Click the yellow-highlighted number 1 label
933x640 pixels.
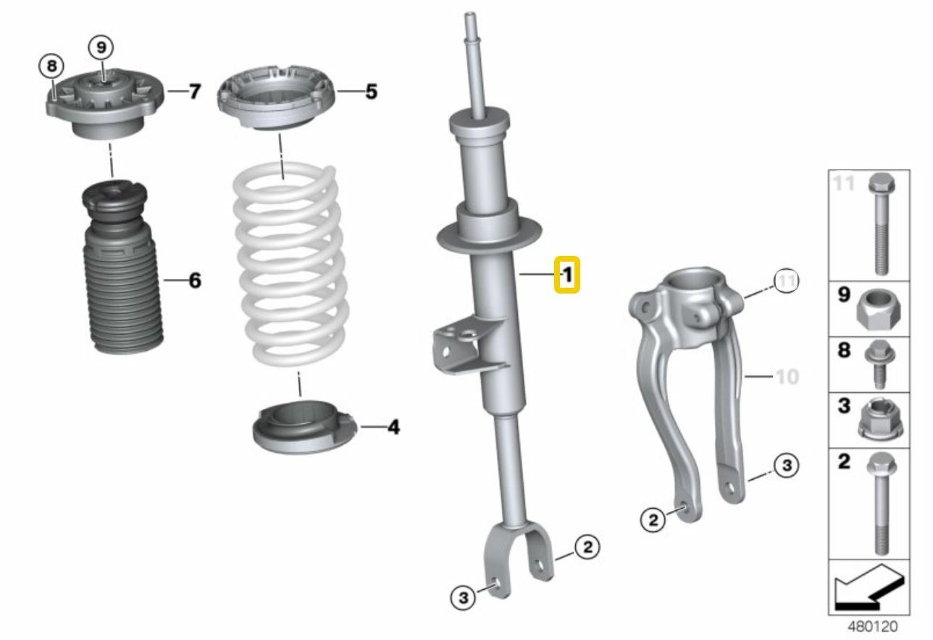pos(567,275)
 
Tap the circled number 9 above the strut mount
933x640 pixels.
pos(101,48)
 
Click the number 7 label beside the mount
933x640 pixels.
pos(193,92)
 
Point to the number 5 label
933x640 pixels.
pos(370,92)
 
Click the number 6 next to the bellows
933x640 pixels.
pos(194,280)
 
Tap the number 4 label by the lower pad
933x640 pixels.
pos(393,428)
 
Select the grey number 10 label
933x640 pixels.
pos(787,377)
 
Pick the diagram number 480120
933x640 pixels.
pos(872,626)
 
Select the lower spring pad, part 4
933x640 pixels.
pos(301,430)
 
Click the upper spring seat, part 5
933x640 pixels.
pos(276,99)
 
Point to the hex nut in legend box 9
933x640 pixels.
pos(878,310)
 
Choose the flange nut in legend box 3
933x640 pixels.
pos(879,421)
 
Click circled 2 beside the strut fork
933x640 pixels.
pos(587,547)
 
